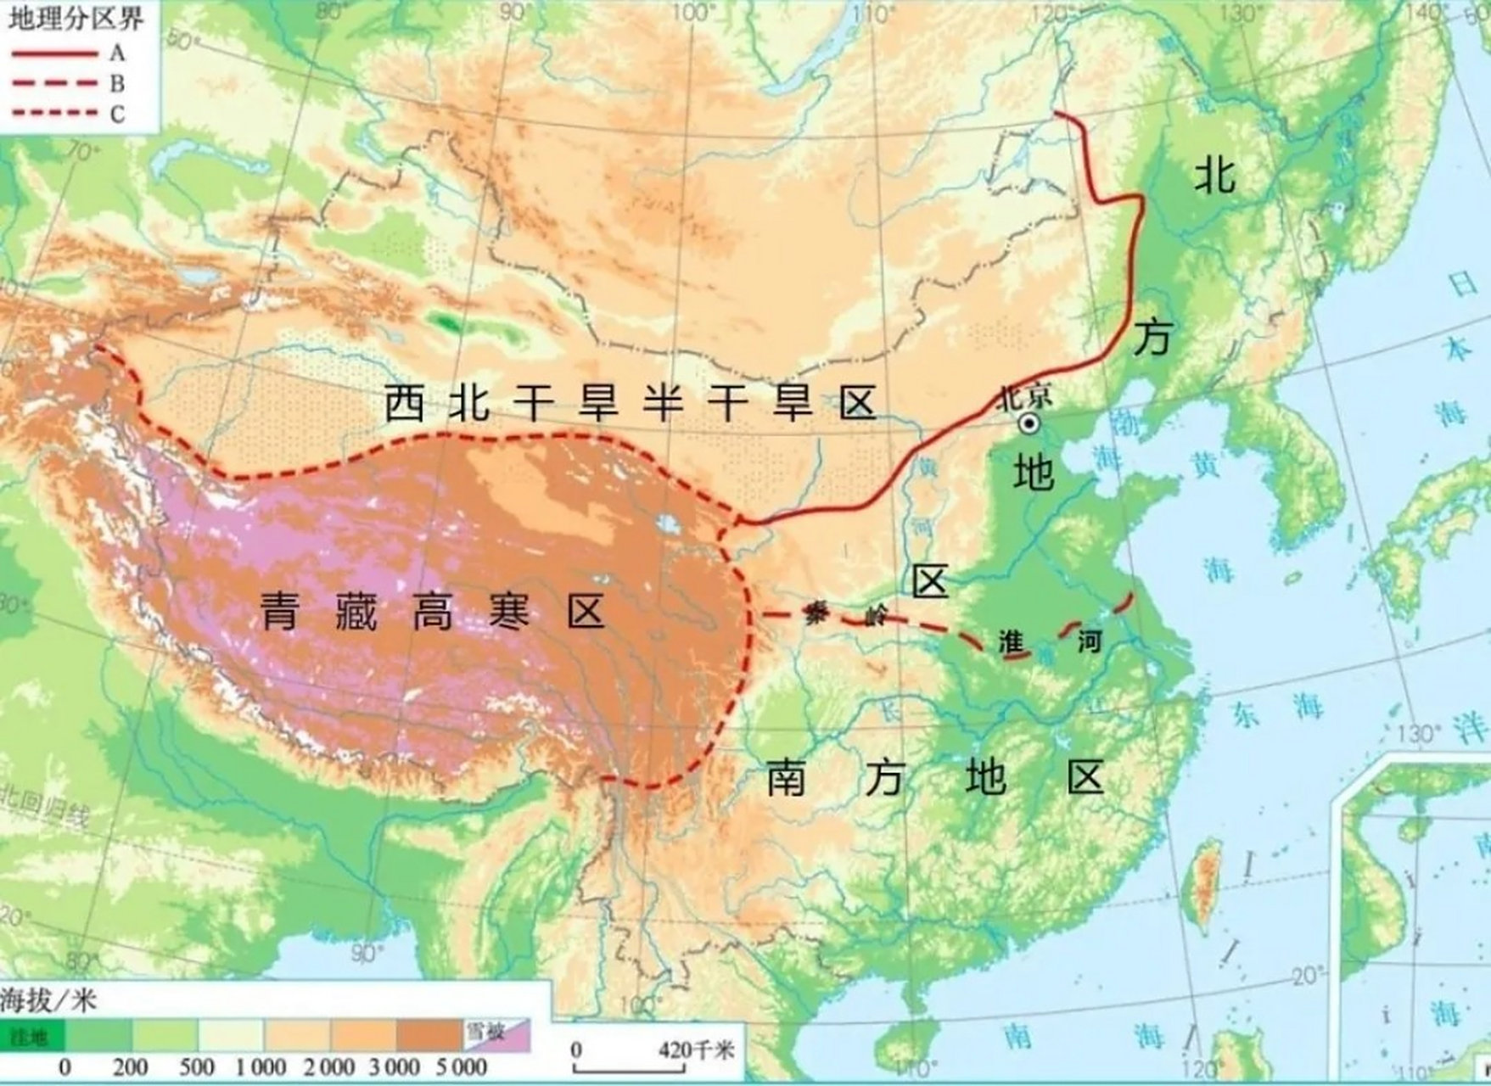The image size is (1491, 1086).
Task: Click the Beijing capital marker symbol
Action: (1029, 424)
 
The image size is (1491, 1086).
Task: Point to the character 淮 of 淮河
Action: (1012, 641)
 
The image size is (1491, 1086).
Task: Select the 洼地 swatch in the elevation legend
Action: (32, 1036)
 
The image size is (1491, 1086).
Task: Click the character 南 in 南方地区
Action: (787, 777)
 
